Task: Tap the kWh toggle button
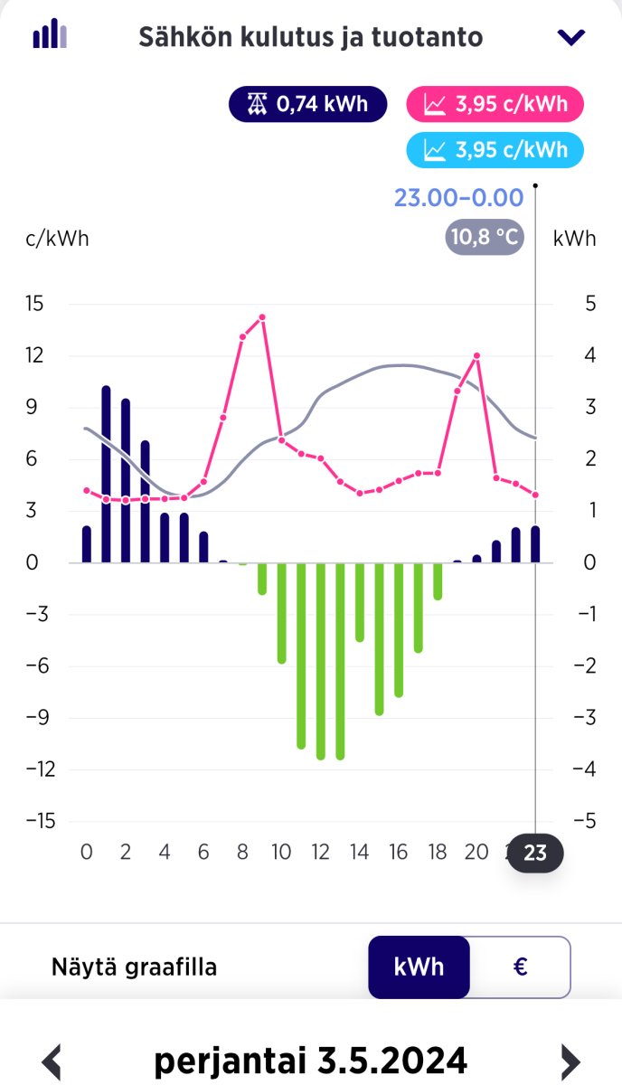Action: [419, 967]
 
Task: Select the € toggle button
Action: [520, 967]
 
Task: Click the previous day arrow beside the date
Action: [52, 1059]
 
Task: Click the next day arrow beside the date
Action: [570, 1059]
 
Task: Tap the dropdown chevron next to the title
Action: [571, 37]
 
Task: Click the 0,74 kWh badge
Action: [307, 105]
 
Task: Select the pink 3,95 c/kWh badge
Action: [495, 105]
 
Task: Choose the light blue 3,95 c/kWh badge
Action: [495, 149]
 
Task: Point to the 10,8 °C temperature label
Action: [484, 238]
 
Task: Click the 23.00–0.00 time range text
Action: [458, 198]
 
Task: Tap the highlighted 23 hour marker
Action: [535, 853]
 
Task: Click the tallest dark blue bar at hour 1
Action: [106, 475]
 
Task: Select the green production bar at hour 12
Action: [320, 660]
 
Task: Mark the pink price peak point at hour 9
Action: [262, 317]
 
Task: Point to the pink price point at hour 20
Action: [476, 356]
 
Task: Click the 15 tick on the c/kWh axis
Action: [34, 303]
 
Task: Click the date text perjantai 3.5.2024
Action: [311, 1059]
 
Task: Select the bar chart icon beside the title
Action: [50, 35]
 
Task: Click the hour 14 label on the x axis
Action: [359, 852]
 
